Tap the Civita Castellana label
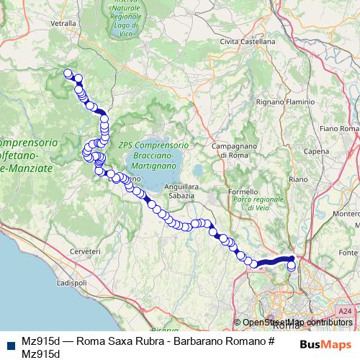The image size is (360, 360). pos(248,42)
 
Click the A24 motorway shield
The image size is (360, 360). pos(344,311)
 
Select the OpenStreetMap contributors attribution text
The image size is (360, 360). pos(297,323)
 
